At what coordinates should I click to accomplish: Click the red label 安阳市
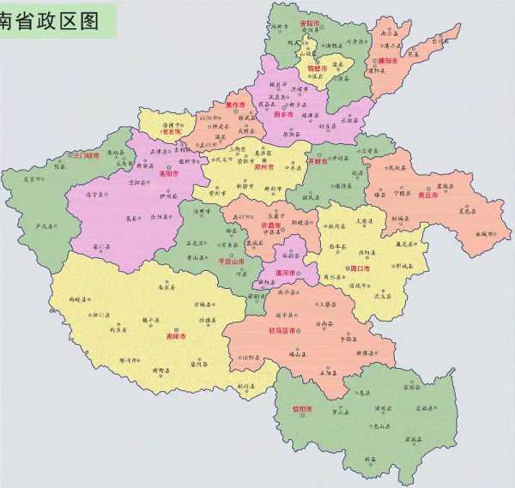pyautogui.click(x=308, y=22)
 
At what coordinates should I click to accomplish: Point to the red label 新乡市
pyautogui.click(x=283, y=112)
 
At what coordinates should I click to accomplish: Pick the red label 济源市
pyautogui.click(x=172, y=132)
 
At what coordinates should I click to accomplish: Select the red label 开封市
pyautogui.click(x=318, y=160)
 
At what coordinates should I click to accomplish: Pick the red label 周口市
pyautogui.click(x=360, y=268)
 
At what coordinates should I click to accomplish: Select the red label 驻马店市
pyautogui.click(x=282, y=330)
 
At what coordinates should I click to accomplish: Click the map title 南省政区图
pyautogui.click(x=51, y=19)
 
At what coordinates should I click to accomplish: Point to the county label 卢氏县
pyautogui.click(x=42, y=226)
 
